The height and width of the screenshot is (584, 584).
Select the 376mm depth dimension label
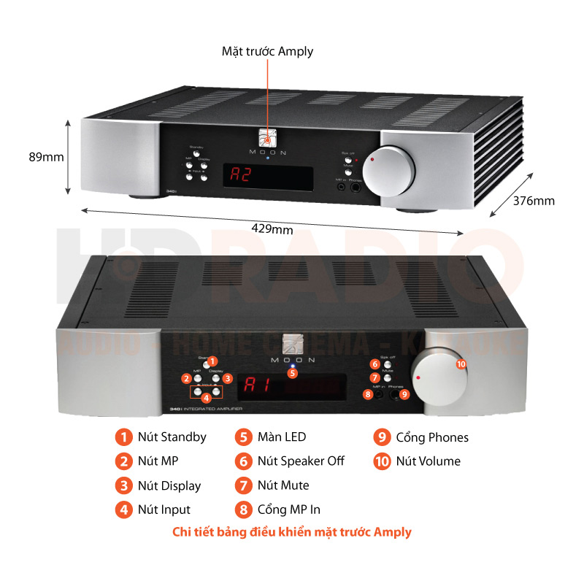tap(534, 201)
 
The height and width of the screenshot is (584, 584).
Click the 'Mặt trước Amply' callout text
tap(267, 51)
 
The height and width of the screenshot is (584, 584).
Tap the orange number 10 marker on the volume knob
tap(461, 363)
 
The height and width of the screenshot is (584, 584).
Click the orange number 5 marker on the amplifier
tap(293, 373)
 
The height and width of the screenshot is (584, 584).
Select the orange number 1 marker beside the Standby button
tap(212, 361)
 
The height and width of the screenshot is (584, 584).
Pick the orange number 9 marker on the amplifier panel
tap(405, 394)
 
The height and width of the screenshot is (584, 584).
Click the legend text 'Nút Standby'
tap(172, 437)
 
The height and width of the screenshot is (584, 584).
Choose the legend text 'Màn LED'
tap(281, 437)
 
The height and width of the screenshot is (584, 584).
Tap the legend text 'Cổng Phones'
tap(432, 437)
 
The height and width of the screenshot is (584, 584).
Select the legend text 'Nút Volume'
tap(428, 461)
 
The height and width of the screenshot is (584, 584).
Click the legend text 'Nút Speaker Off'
tap(300, 461)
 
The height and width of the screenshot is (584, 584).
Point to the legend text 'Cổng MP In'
tap(288, 509)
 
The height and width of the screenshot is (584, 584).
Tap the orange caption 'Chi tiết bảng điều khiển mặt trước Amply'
tap(292, 531)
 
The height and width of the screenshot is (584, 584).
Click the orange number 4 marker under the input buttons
tap(207, 398)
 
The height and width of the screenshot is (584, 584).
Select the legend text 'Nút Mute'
tap(283, 485)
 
